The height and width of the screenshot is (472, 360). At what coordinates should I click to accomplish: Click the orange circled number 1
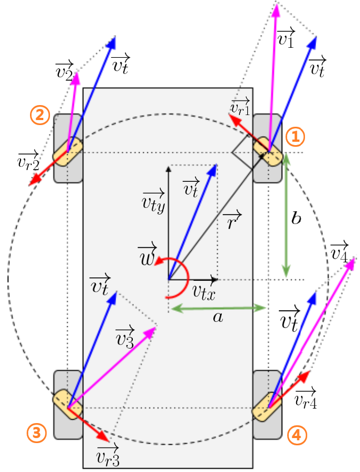(x=296, y=136)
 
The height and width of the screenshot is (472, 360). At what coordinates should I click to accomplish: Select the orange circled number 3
(x=37, y=433)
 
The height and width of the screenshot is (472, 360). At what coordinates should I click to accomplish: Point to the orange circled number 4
(x=298, y=436)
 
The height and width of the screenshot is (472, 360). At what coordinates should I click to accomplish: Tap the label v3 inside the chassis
(x=124, y=337)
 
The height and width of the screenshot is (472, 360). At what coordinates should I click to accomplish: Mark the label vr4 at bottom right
(x=306, y=398)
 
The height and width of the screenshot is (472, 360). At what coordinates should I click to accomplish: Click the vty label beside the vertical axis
(x=153, y=200)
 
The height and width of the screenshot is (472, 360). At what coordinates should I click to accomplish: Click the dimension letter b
(x=297, y=218)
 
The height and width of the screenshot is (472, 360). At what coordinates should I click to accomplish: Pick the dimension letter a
(x=218, y=317)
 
